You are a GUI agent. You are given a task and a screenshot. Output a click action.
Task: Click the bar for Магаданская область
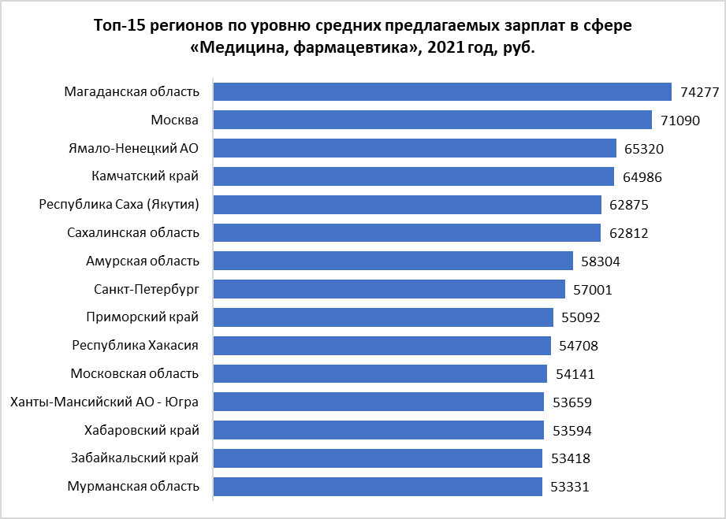pyautogui.click(x=441, y=91)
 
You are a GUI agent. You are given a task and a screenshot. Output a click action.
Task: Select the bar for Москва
pyautogui.click(x=432, y=120)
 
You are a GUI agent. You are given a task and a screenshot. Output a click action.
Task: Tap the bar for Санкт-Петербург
pyautogui.click(x=389, y=289)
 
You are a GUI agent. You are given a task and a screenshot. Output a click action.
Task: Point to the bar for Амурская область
pyautogui.click(x=393, y=261)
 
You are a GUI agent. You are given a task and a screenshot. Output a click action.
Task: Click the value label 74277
pyautogui.click(x=700, y=92)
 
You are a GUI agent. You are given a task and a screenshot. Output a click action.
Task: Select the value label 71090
pyautogui.click(x=681, y=120)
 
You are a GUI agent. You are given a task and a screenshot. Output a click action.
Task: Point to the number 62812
pyautogui.click(x=629, y=233)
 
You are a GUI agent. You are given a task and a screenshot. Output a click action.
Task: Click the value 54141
pyautogui.click(x=576, y=374)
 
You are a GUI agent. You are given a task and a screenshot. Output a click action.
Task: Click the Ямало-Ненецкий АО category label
pyautogui.click(x=134, y=148)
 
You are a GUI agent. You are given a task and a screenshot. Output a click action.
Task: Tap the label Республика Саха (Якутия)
pyautogui.click(x=119, y=205)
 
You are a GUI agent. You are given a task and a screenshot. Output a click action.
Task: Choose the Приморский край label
pyautogui.click(x=142, y=317)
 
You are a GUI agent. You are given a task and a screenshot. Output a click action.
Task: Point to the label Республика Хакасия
pyautogui.click(x=135, y=346)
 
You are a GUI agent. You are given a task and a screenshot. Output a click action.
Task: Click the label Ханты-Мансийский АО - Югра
pyautogui.click(x=104, y=402)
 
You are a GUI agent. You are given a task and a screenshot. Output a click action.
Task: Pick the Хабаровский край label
pyautogui.click(x=141, y=430)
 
